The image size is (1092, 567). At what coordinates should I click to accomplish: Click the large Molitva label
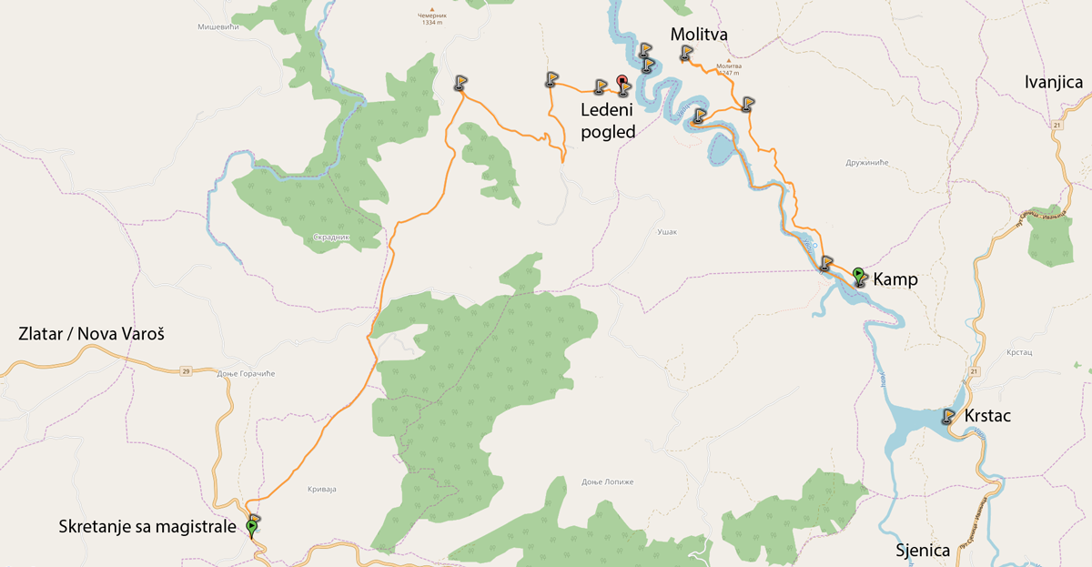[x=699, y=35]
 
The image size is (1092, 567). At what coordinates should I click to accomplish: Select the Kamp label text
[x=895, y=279]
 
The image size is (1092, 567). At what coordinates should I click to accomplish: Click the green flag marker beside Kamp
[x=859, y=275]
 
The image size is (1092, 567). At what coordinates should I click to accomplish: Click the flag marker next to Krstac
[x=947, y=417]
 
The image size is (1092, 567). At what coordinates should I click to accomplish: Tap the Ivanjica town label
[x=1053, y=83]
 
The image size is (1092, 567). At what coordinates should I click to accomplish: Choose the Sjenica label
[x=923, y=550]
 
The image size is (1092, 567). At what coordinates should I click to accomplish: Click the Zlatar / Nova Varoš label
[x=91, y=334]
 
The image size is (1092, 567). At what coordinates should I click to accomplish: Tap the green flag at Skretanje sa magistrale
[x=252, y=527]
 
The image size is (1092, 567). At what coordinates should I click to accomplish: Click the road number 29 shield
[x=185, y=370]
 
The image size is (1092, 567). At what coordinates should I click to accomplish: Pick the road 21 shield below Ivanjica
[x=1056, y=125]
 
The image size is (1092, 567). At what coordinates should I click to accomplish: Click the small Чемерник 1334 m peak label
[x=433, y=18]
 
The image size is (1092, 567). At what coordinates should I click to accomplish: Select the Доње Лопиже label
[x=600, y=481]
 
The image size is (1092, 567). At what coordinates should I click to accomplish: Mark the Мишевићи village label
[x=217, y=27]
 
